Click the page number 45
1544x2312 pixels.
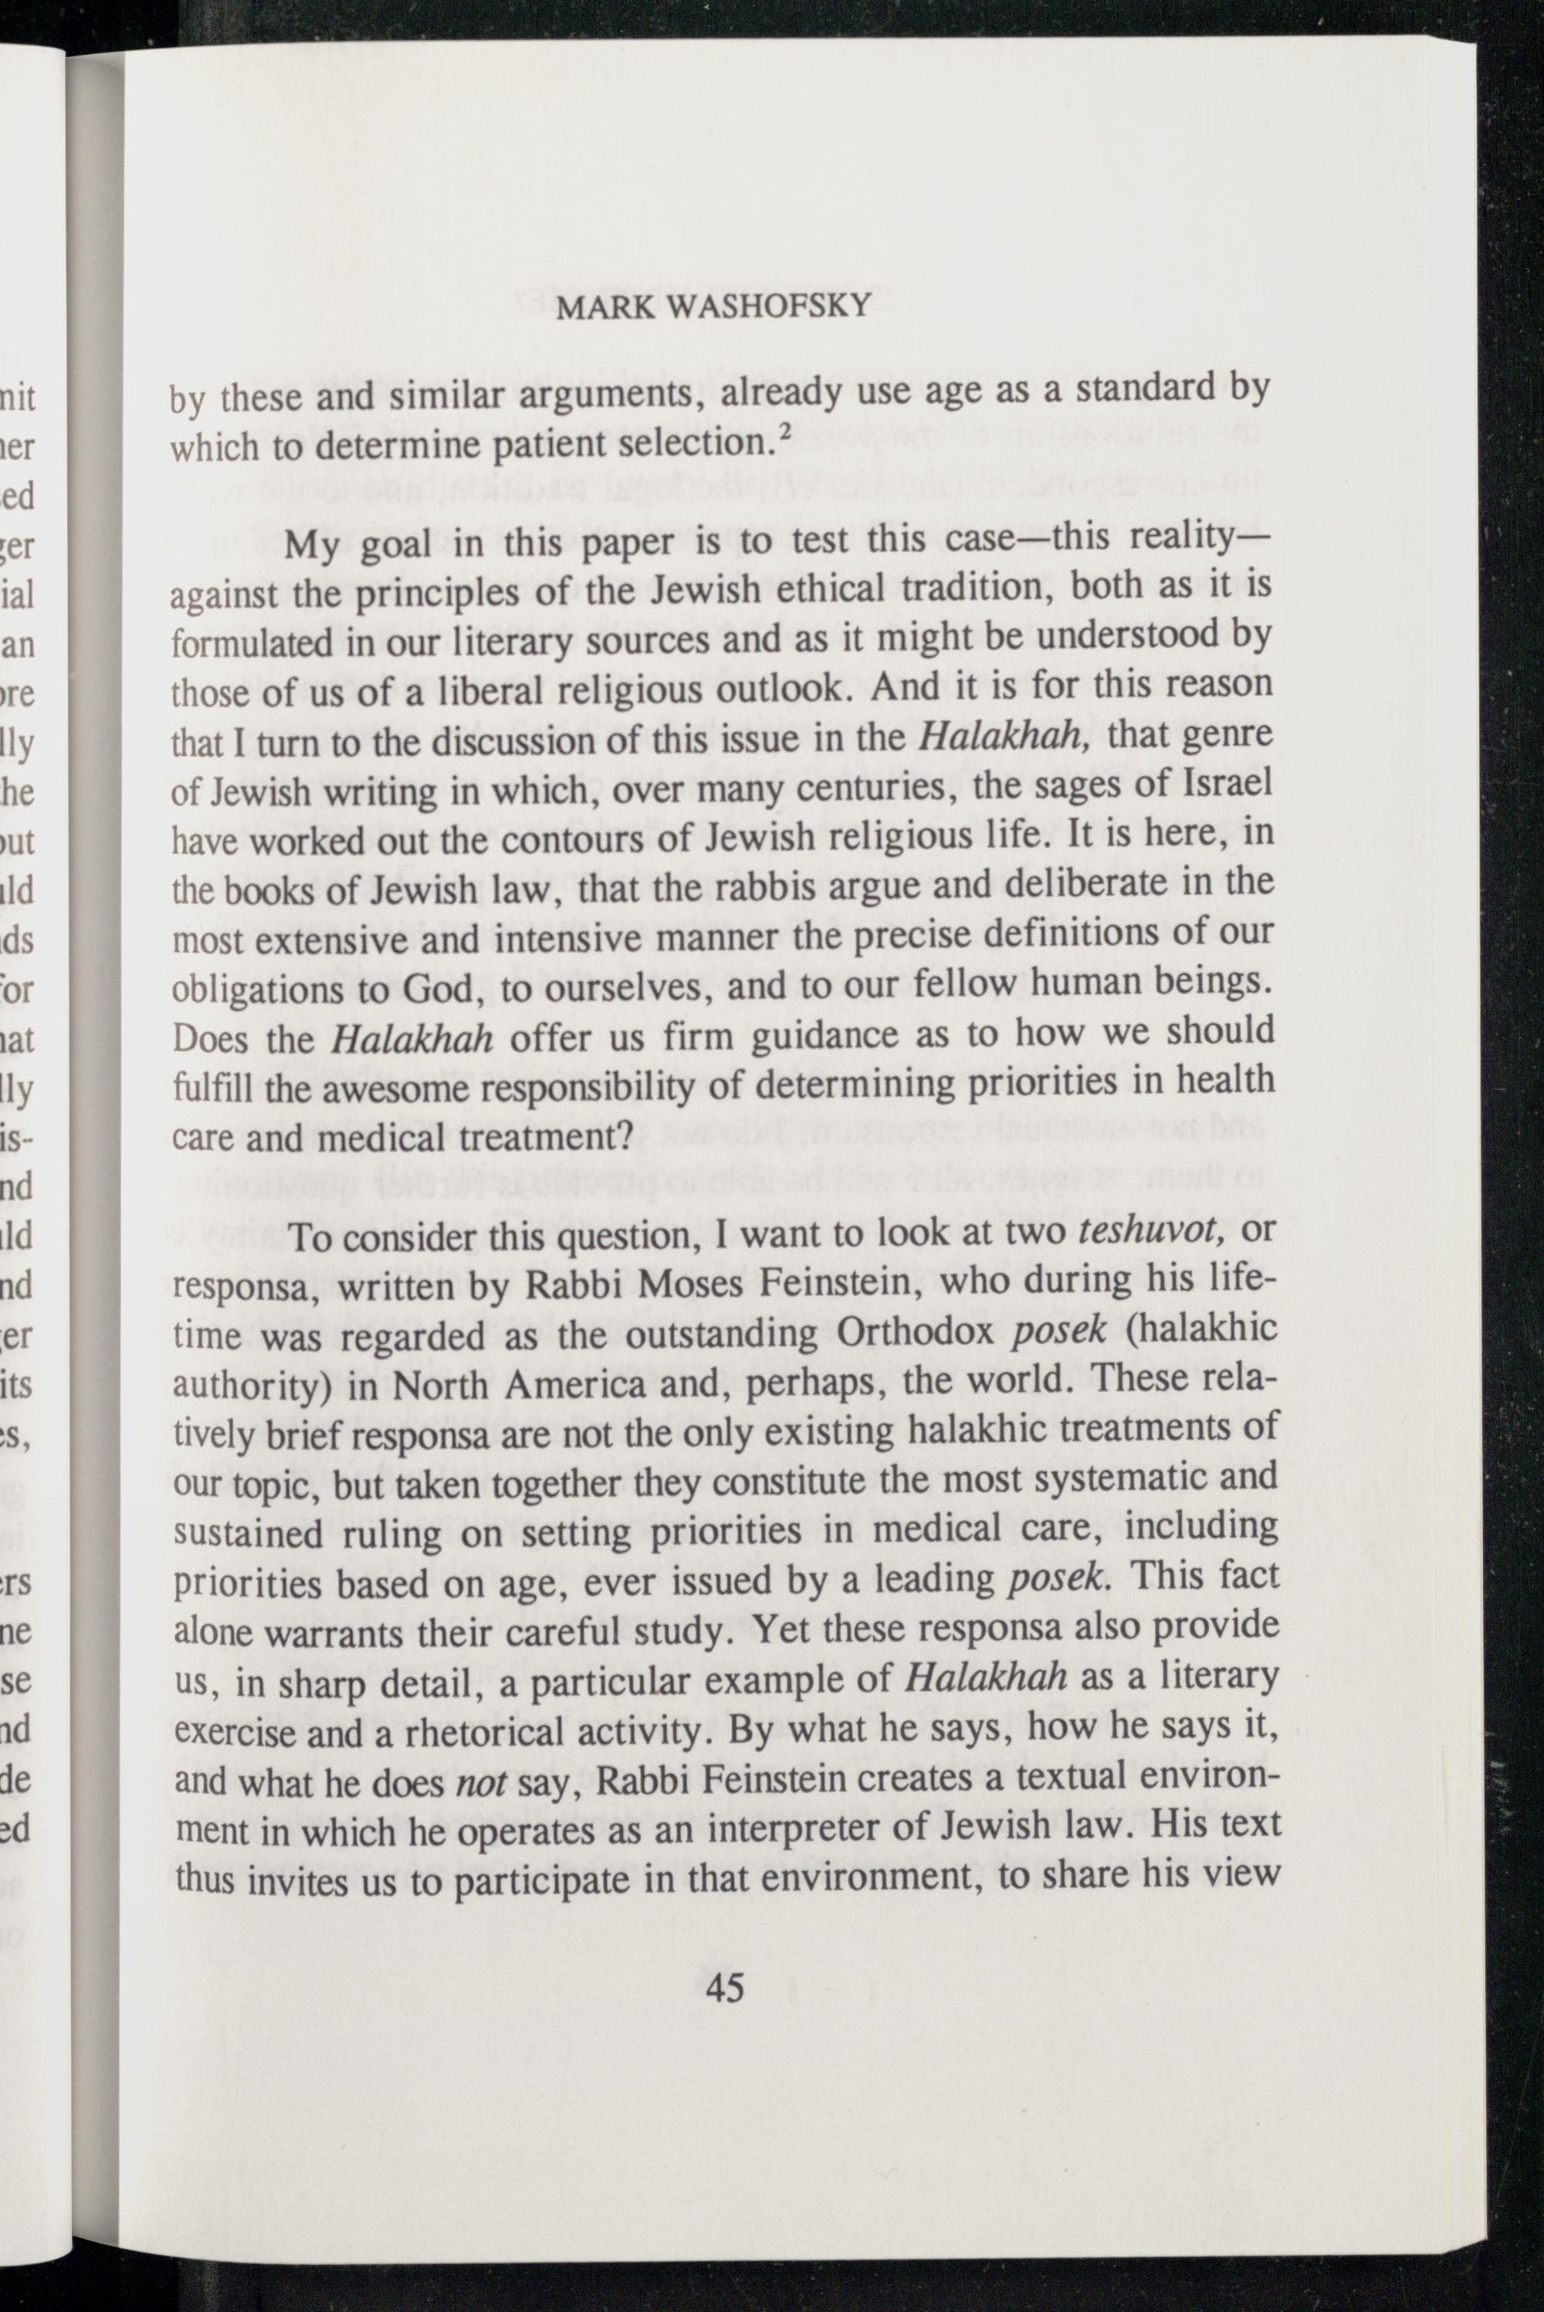(726, 1987)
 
